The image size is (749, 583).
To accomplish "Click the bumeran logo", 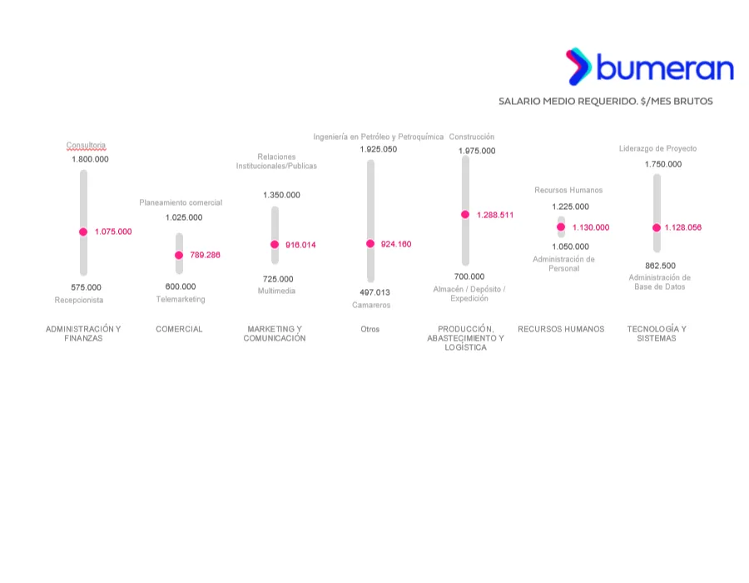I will click(x=650, y=67).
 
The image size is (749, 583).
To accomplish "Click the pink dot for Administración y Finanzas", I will click(x=83, y=232).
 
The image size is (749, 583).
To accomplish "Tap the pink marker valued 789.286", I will click(x=179, y=255).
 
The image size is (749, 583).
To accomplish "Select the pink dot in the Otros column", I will click(x=370, y=244).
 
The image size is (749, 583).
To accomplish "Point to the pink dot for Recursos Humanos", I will click(x=561, y=227).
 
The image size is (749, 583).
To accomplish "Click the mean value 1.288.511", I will click(x=495, y=215).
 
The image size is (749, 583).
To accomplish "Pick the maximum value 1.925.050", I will click(x=379, y=149).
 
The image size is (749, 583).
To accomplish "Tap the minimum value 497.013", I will click(x=374, y=292).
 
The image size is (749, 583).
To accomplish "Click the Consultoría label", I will click(x=87, y=145).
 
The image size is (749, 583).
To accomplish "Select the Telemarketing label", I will click(x=181, y=299).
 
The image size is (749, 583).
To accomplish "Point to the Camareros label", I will click(x=371, y=305).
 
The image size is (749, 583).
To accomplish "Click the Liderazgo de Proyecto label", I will click(x=657, y=148).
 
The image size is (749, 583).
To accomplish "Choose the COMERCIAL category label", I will click(x=179, y=329).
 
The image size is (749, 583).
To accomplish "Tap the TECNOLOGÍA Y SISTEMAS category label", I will click(x=657, y=333).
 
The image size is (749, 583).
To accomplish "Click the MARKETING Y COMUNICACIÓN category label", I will click(x=275, y=333).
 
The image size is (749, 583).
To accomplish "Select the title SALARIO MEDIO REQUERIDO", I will click(x=605, y=101).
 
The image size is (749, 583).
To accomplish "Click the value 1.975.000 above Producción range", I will click(x=477, y=151).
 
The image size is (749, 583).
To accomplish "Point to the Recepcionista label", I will click(x=79, y=300).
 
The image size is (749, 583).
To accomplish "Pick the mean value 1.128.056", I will click(x=682, y=227).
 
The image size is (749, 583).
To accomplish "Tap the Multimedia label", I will click(x=276, y=291).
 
